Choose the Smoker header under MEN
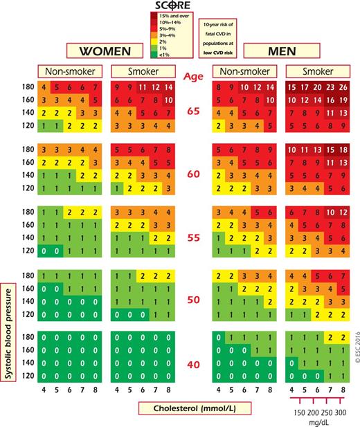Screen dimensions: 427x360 click(315, 72)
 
